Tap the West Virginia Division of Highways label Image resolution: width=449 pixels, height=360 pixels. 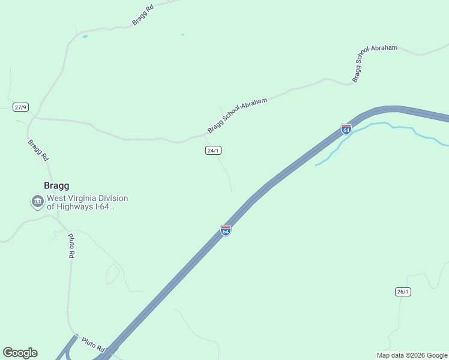click(x=88, y=202)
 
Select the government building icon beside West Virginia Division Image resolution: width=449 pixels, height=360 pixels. click(x=38, y=202)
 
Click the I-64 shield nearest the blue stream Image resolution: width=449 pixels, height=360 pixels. click(x=346, y=129)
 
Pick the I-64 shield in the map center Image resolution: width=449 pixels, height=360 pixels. click(x=225, y=231)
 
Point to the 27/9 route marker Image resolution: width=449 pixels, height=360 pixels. click(x=20, y=107)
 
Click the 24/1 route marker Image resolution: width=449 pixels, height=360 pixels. click(x=213, y=151)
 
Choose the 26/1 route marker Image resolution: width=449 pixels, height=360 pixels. click(x=403, y=292)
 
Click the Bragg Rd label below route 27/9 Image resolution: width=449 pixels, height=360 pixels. click(x=37, y=151)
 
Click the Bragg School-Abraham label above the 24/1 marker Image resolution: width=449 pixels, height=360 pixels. click(x=237, y=116)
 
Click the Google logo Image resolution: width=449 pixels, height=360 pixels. click(x=20, y=353)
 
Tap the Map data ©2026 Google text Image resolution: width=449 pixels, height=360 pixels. click(x=412, y=355)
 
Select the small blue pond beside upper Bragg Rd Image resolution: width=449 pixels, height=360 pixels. click(x=85, y=37)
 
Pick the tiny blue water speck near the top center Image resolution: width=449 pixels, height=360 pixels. click(x=182, y=35)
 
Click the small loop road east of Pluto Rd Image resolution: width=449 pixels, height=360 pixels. click(x=112, y=273)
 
